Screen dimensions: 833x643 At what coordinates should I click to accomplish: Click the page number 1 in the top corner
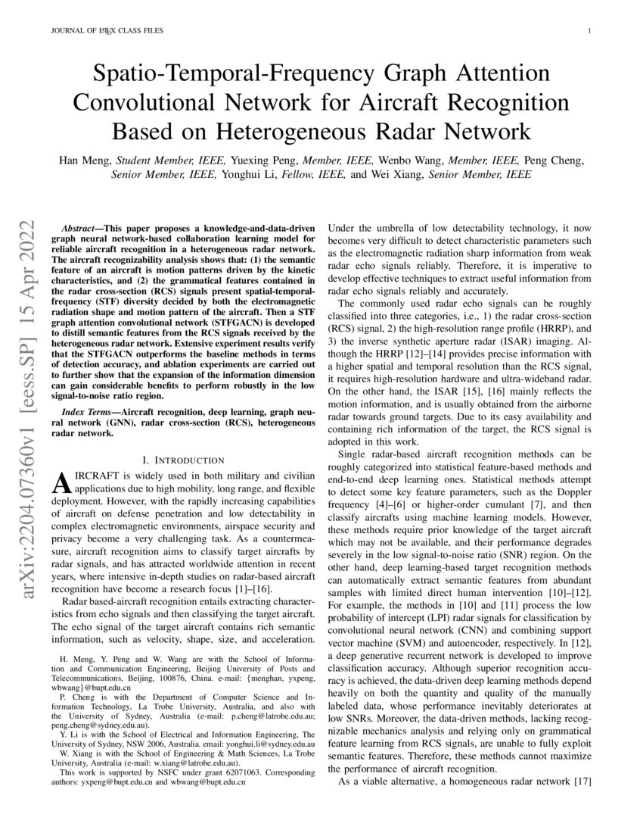pyautogui.click(x=589, y=31)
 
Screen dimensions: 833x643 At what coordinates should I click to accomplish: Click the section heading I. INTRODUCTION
pyautogui.click(x=183, y=460)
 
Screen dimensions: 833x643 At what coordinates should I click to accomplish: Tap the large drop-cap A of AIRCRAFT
pyautogui.click(x=60, y=482)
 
